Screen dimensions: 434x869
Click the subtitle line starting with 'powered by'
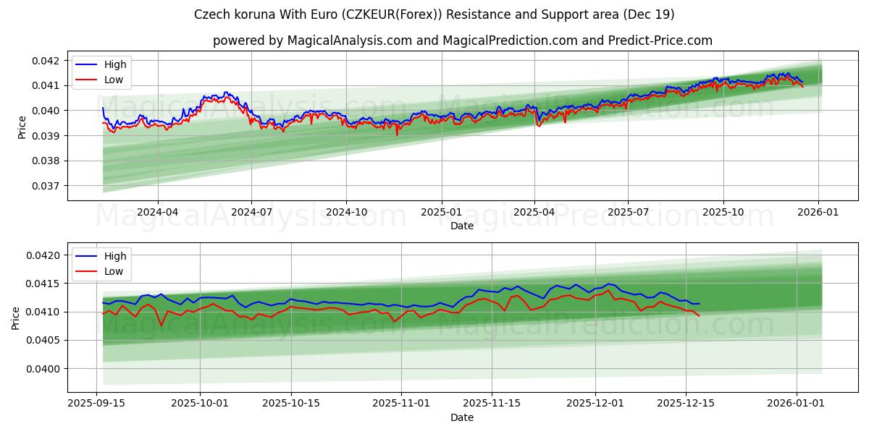pos(462,41)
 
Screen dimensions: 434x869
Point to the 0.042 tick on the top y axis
pos(46,61)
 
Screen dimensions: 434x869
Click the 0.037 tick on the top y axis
pos(46,186)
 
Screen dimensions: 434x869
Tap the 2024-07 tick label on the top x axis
pos(251,213)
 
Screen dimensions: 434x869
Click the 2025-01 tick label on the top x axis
pos(441,213)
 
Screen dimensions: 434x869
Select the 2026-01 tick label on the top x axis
pos(818,213)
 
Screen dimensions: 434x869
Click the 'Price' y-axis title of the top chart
pos(22,127)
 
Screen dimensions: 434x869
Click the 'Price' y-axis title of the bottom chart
pos(17,318)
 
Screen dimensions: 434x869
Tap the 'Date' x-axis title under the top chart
pos(462,226)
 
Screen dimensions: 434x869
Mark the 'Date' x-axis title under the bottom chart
pos(462,417)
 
